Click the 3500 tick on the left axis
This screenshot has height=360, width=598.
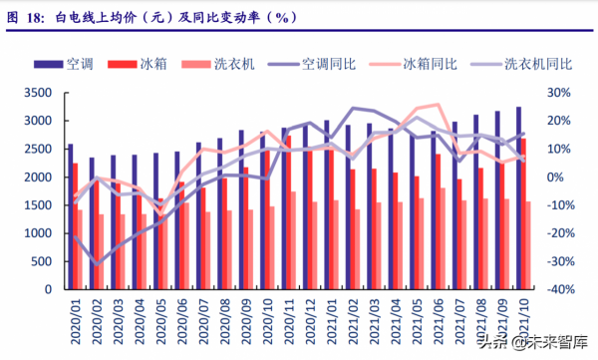pyautogui.click(x=37, y=93)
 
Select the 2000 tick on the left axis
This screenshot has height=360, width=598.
pyautogui.click(x=37, y=177)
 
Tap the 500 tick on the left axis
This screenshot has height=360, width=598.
pyautogui.click(x=41, y=261)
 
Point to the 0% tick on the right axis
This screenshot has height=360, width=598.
pyautogui.click(x=558, y=177)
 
